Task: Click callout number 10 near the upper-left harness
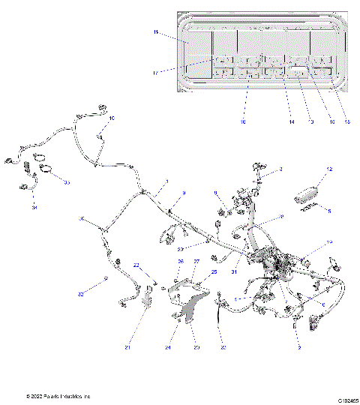(x=112, y=118)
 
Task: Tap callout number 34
(x=34, y=208)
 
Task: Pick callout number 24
(x=168, y=347)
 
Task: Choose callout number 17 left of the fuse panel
(x=155, y=73)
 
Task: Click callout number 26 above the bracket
(x=180, y=261)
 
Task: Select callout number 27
(x=197, y=261)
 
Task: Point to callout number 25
(x=214, y=271)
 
